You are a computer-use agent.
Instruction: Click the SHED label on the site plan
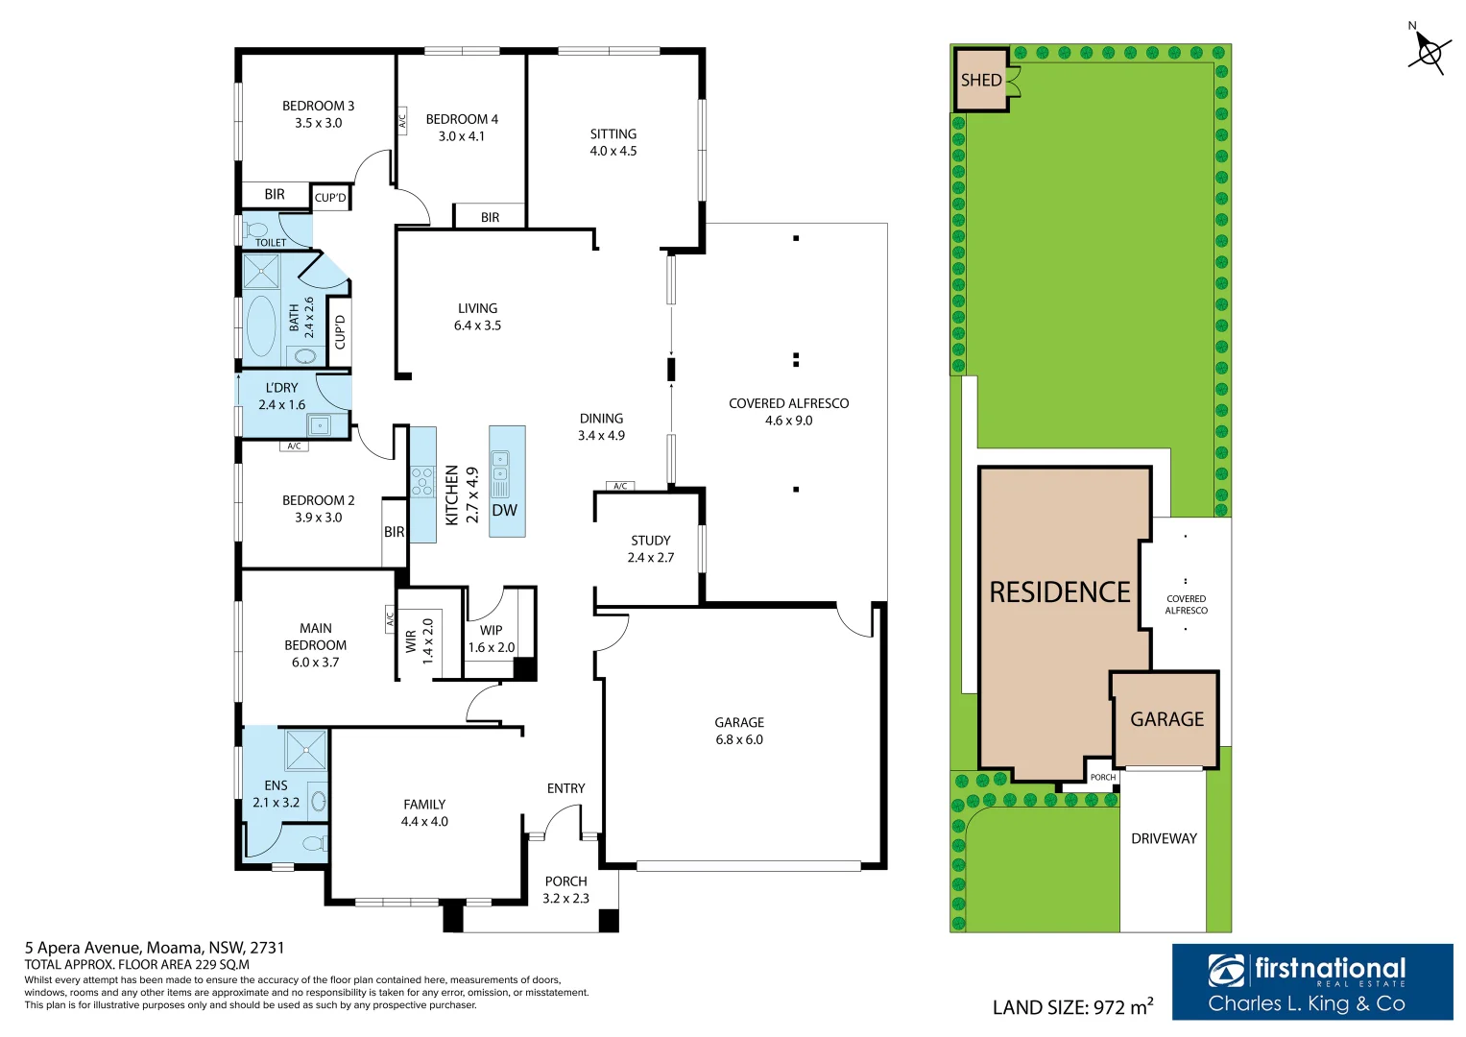(x=981, y=80)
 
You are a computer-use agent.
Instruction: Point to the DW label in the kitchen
(x=504, y=510)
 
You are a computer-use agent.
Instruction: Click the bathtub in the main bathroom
(x=261, y=326)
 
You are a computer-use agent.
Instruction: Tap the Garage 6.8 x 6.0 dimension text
(x=739, y=739)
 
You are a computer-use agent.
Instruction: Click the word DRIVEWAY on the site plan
(x=1164, y=838)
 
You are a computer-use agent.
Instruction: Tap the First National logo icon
(x=1226, y=970)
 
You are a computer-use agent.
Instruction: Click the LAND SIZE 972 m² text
(x=1072, y=1006)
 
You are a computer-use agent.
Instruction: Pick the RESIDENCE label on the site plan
(x=1060, y=591)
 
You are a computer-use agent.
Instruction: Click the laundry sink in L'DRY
(x=320, y=425)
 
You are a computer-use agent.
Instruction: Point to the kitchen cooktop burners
(x=422, y=480)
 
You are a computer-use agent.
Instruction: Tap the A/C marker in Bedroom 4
(x=402, y=121)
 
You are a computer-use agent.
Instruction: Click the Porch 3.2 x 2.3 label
(x=565, y=890)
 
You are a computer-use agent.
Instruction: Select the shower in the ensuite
(x=305, y=750)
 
